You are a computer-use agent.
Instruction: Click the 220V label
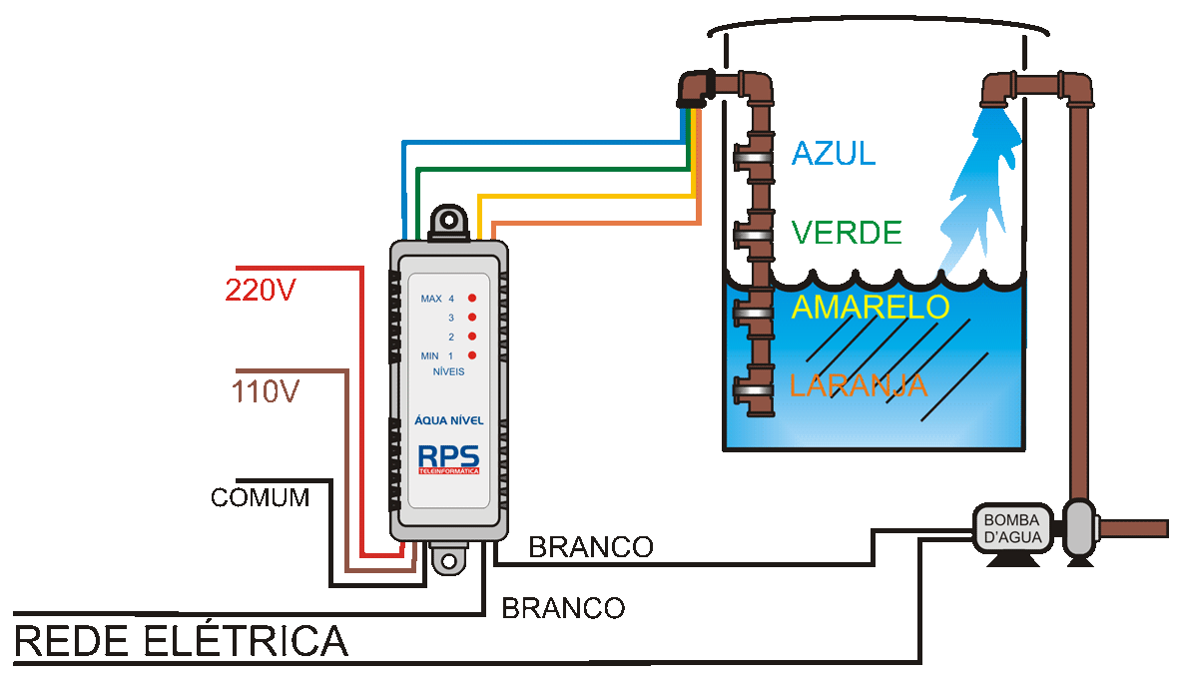tap(262, 290)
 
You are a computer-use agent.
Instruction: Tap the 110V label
tap(266, 391)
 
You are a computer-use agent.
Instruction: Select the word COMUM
tap(260, 497)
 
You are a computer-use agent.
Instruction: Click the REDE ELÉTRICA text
tap(181, 641)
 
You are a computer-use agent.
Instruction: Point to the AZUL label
tap(833, 153)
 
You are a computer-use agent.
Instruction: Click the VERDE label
tap(846, 233)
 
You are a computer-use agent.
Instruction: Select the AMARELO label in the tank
tap(869, 307)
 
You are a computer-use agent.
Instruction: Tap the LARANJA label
tap(858, 385)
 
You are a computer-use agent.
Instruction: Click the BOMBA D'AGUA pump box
tap(1012, 528)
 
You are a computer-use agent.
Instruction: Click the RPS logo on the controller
tap(448, 456)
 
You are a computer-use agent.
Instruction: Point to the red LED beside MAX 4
tap(471, 299)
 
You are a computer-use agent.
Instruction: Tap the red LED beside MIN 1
tap(471, 355)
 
